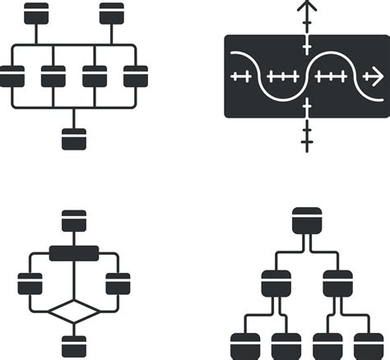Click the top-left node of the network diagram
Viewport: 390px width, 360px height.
coord(36,13)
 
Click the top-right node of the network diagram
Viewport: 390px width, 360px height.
coord(112,13)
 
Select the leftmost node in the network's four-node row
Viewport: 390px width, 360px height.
coord(12,76)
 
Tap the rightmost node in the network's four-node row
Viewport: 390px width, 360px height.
coord(136,76)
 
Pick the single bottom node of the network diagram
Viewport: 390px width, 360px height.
coord(73,139)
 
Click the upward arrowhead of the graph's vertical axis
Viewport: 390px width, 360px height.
coord(307,8)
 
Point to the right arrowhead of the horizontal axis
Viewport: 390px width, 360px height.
coord(375,76)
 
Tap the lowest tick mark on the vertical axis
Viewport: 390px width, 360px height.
coord(307,145)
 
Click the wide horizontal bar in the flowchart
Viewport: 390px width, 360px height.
coord(74,252)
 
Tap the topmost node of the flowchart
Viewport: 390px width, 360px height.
coord(74,220)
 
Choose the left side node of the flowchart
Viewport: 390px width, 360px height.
coord(30,284)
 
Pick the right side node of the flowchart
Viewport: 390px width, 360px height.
coord(118,284)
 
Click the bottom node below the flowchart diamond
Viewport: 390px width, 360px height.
coord(74,346)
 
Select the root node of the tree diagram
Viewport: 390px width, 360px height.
coord(306,219)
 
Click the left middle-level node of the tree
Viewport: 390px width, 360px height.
coord(275,283)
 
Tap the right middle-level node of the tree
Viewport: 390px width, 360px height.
coord(337,283)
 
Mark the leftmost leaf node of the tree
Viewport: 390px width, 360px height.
coord(244,345)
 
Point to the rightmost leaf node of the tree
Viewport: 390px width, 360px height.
coord(369,345)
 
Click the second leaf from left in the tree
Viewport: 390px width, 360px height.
coord(286,345)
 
